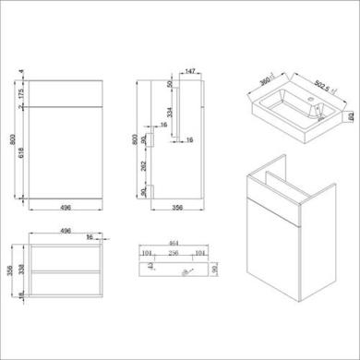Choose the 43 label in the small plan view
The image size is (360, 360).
tap(151, 265)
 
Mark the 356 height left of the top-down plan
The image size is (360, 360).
tap(9, 270)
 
